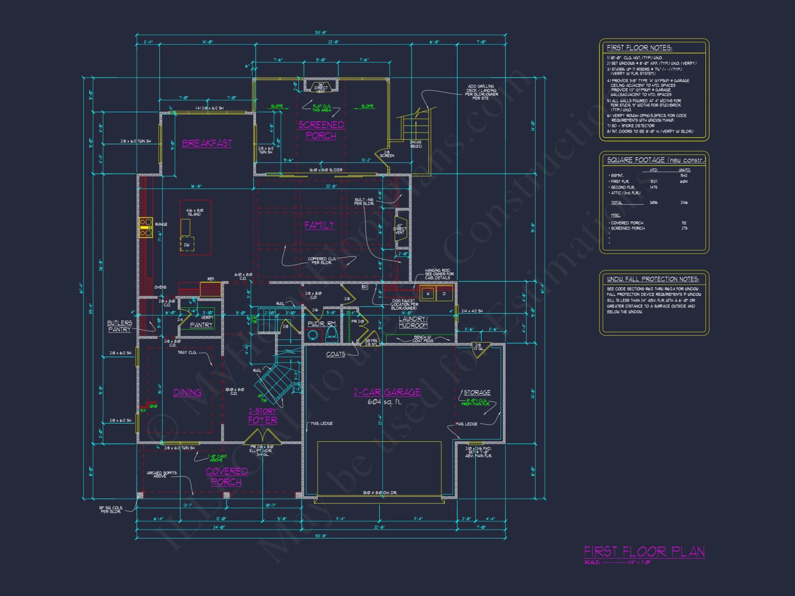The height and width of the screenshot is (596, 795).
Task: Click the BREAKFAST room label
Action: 207,143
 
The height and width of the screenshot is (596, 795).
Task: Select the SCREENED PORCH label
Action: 321,130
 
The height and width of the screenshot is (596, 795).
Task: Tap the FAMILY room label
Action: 320,225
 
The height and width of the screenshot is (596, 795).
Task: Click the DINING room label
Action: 187,393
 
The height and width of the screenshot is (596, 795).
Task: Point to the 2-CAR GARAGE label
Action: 387,392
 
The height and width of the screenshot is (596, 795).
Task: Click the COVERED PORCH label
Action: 227,476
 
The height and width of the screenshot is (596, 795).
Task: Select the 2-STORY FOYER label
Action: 262,416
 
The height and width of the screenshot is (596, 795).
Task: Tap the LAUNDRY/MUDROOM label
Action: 413,322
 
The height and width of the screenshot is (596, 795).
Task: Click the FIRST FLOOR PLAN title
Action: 644,551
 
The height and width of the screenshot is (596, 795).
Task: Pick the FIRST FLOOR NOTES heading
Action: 639,48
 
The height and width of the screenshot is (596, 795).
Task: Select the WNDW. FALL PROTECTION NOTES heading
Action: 653,279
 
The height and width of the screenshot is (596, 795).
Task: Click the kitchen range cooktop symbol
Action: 145,227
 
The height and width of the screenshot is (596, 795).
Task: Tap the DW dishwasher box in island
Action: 187,245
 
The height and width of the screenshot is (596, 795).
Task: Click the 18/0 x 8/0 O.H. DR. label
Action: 380,493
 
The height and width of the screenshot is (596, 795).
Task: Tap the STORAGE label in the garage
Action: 477,393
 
